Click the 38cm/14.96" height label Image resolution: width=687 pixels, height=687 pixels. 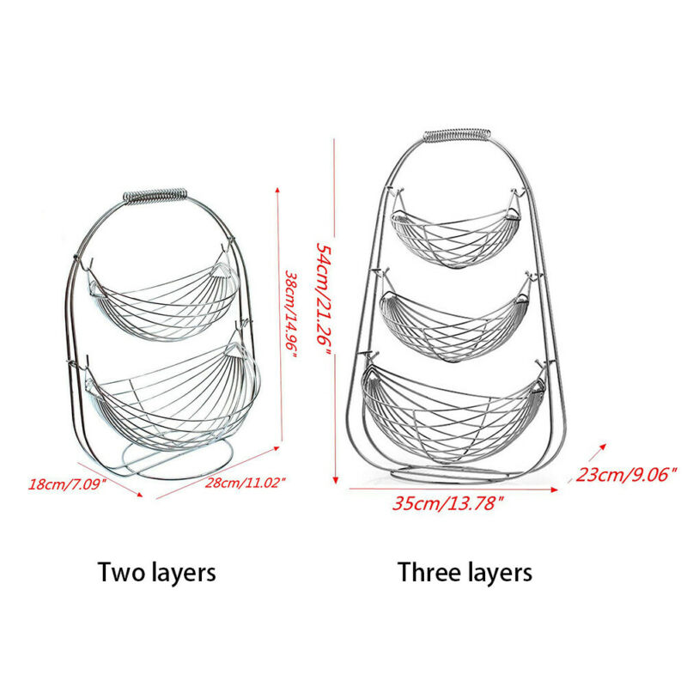tap(291, 317)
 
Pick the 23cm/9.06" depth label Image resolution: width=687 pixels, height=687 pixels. tap(627, 473)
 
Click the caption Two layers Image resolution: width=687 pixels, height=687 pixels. tap(156, 571)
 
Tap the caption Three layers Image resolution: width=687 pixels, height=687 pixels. tap(465, 571)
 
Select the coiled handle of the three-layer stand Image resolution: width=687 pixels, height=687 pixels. tap(457, 135)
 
